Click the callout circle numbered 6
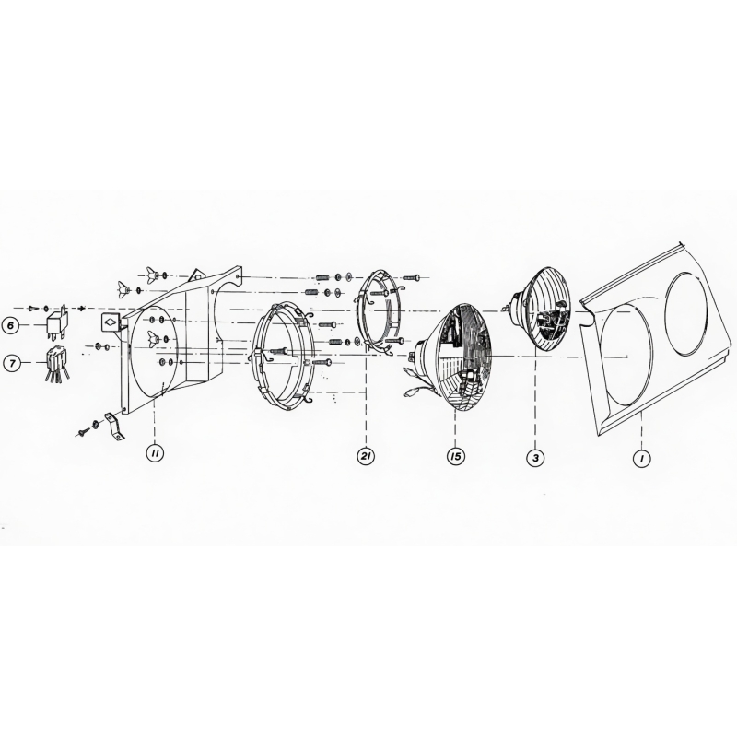click(x=11, y=324)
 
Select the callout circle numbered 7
click(x=11, y=364)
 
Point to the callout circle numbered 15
click(x=455, y=455)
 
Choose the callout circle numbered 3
click(x=534, y=455)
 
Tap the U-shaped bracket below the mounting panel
click(x=114, y=426)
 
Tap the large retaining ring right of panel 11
click(x=287, y=355)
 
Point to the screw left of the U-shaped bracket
click(x=84, y=430)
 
